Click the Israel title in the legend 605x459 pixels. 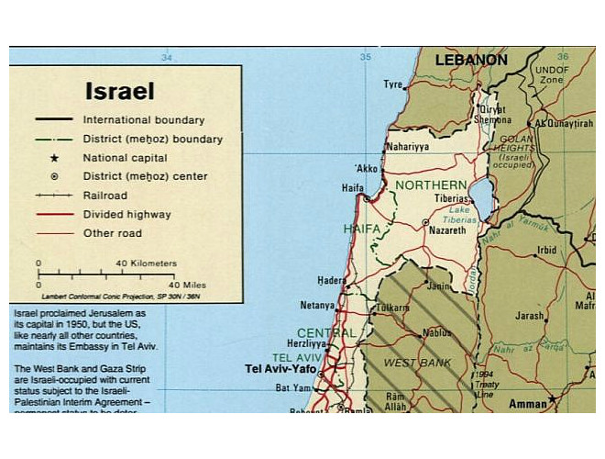119,92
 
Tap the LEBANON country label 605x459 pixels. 471,61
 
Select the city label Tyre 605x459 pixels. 392,84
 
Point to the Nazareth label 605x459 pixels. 447,230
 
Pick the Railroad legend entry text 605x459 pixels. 104,196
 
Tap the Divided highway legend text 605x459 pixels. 126,215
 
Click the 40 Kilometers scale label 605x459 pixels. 146,263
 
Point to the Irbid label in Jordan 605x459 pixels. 547,250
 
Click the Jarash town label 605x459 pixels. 530,315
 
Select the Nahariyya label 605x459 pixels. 407,146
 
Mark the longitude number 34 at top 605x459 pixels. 166,58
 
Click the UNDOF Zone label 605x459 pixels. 551,73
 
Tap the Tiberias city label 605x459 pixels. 451,197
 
